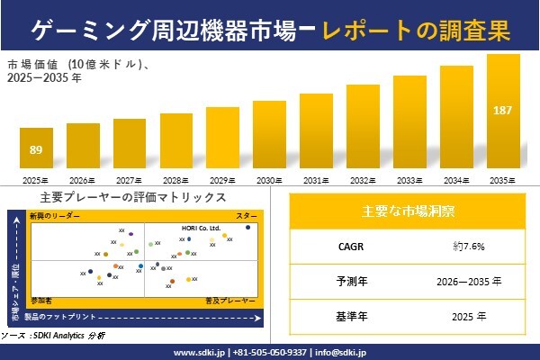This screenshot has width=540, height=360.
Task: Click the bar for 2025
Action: click(x=36, y=150)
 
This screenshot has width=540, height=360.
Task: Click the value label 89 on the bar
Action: click(x=36, y=149)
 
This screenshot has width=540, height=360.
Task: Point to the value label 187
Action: click(x=503, y=110)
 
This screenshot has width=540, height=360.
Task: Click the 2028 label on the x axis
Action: click(x=175, y=180)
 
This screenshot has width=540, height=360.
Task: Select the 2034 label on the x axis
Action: click(x=456, y=180)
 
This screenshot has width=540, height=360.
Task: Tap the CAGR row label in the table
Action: click(x=346, y=246)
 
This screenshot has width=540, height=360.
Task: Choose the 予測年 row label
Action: click(x=346, y=281)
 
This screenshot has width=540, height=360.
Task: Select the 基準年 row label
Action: click(x=346, y=316)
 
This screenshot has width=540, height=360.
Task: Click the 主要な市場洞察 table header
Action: click(x=406, y=211)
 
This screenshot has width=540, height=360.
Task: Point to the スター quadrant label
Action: click(x=247, y=217)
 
